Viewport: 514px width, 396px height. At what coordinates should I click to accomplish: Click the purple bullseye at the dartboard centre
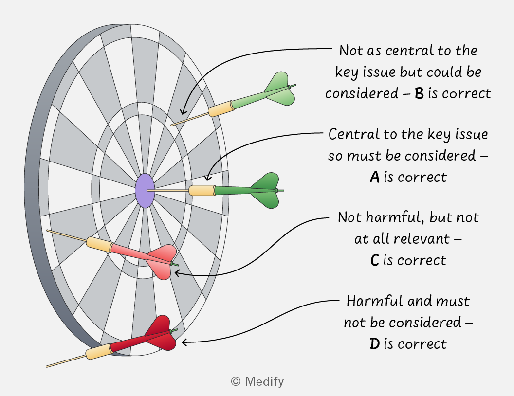click(x=145, y=191)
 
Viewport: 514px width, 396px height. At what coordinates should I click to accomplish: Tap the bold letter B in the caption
click(x=419, y=93)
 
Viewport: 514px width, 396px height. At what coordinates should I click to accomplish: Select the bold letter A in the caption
click(x=375, y=177)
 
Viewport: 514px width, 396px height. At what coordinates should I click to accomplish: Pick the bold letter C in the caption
click(x=375, y=260)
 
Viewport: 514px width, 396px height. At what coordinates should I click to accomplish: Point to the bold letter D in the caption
click(x=375, y=344)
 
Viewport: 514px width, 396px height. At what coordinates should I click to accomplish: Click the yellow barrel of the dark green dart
click(x=202, y=190)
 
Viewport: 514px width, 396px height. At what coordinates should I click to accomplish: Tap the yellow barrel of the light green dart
click(x=221, y=109)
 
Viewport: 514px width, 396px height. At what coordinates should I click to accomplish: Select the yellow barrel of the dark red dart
click(x=99, y=351)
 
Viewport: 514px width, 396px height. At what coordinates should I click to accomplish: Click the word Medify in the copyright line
click(x=264, y=381)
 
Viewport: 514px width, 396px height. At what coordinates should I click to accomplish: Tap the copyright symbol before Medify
click(x=236, y=381)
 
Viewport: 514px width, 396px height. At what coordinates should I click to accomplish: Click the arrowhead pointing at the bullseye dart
click(x=207, y=178)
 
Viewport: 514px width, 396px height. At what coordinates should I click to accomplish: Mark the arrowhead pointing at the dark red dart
click(x=184, y=342)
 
